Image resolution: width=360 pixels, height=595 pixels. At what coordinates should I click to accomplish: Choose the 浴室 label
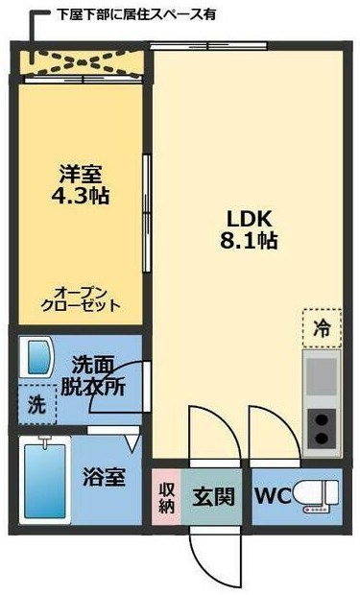coord(103,476)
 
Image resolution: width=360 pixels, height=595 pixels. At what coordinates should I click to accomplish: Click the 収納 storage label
coord(166,496)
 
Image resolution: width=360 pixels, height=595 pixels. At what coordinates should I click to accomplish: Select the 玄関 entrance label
coord(212,497)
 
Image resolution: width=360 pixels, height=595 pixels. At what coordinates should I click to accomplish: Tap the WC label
coord(271,497)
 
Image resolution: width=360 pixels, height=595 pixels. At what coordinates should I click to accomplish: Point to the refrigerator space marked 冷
coord(322,326)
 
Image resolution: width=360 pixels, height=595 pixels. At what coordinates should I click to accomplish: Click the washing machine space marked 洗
coord(36,404)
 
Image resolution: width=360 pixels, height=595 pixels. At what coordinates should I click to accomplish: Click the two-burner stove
coord(323,429)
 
